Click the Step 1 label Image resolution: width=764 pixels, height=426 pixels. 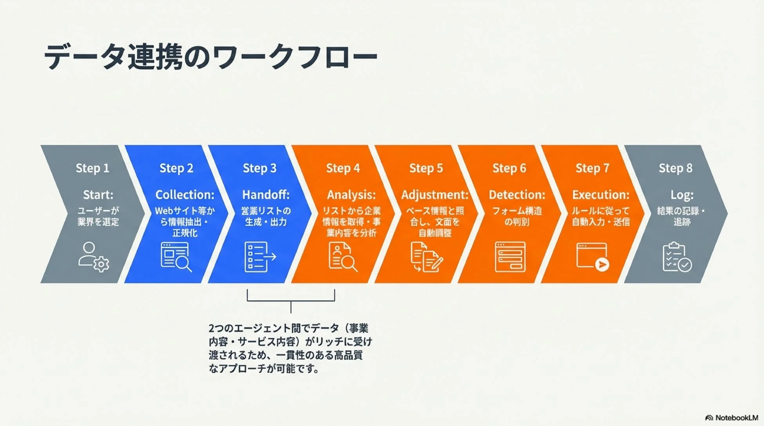tap(92, 168)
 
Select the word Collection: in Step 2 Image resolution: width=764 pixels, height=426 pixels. tap(185, 195)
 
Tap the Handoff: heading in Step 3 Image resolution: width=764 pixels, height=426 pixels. tap(266, 195)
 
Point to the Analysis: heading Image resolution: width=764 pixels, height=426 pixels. tap(351, 195)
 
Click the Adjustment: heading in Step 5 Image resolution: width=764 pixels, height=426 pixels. tap(435, 195)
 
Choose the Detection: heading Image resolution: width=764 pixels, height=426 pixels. tap(517, 195)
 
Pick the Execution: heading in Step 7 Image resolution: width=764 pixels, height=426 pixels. tap(601, 195)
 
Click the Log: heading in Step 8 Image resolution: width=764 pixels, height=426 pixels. tap(682, 195)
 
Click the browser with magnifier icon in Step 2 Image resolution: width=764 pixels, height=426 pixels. tap(176, 257)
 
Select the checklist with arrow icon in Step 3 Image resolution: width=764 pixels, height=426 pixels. tap(260, 257)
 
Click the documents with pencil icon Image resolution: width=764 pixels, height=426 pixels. tap(426, 257)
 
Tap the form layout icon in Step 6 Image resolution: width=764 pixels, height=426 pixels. tap(510, 257)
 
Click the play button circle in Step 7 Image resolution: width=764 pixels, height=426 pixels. tap(602, 265)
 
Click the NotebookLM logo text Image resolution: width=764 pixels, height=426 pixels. tap(731, 418)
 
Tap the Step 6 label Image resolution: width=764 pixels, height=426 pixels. tap(509, 168)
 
